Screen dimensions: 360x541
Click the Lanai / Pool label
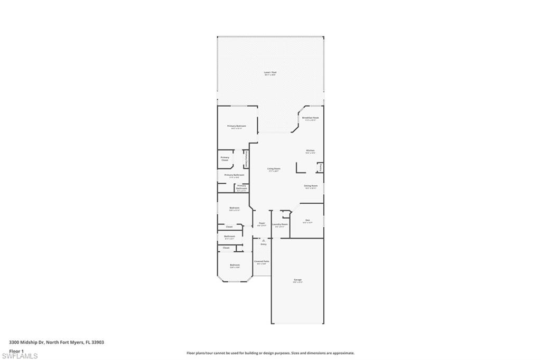(270, 72)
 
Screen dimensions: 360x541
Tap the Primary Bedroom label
(237, 126)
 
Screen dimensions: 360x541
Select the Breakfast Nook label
(310, 118)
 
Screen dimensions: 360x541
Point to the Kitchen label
(310, 150)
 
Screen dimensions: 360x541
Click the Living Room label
(274, 169)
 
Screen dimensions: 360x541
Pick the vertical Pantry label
(320, 167)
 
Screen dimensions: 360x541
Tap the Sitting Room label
(311, 186)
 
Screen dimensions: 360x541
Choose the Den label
(307, 220)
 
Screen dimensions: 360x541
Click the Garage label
(298, 279)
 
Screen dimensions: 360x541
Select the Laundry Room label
(280, 224)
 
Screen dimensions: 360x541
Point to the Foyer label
(262, 223)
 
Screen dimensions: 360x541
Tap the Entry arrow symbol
(263, 240)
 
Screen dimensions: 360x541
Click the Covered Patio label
(262, 261)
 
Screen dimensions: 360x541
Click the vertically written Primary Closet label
(246, 159)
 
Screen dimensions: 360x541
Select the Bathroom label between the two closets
(229, 236)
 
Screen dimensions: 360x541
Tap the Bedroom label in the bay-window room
(235, 264)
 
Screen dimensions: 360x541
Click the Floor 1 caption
(16, 350)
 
